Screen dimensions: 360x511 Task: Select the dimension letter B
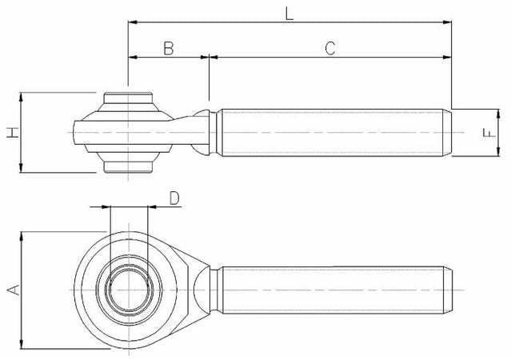point(169,48)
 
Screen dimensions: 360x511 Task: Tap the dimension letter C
point(329,48)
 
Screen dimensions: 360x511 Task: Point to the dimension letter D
point(175,198)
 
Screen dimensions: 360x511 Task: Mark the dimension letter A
point(12,290)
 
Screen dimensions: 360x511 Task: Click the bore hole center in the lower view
point(127,289)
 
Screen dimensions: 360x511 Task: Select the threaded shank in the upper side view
point(332,132)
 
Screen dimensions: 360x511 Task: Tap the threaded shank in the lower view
point(332,289)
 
